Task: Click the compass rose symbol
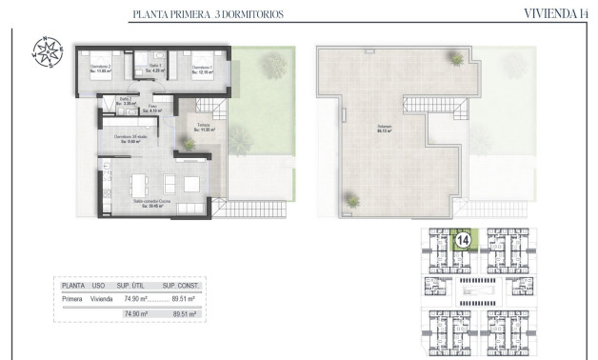click(x=46, y=51)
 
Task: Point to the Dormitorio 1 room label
click(x=202, y=69)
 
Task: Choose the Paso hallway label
click(x=151, y=110)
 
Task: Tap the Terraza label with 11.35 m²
click(x=204, y=127)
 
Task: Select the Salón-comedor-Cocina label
click(x=151, y=203)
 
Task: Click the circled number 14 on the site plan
click(x=463, y=242)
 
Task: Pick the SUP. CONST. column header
click(x=179, y=285)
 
